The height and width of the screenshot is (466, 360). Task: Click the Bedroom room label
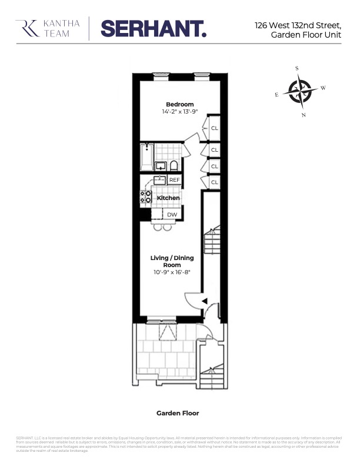(x=179, y=104)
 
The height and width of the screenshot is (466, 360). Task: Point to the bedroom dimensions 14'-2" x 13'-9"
(x=179, y=111)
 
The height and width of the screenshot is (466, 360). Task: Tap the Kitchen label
(x=168, y=198)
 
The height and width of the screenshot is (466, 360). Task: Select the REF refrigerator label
(x=175, y=180)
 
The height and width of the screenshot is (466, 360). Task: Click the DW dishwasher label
(x=172, y=215)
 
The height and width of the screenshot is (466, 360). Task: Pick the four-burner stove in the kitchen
(x=145, y=197)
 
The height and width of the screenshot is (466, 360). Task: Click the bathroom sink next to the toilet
(x=160, y=166)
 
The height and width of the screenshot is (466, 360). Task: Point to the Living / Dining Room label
(x=172, y=261)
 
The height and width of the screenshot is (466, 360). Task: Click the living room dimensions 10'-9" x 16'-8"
(x=172, y=272)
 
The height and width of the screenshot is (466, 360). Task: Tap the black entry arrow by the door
(x=204, y=301)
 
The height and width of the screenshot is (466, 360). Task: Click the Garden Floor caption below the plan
(x=178, y=413)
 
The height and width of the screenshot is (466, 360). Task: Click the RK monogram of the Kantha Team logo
(x=25, y=28)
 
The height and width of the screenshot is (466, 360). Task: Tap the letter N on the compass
(x=304, y=115)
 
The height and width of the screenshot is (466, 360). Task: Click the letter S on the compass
(x=296, y=68)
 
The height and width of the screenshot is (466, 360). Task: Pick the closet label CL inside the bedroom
(x=215, y=128)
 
